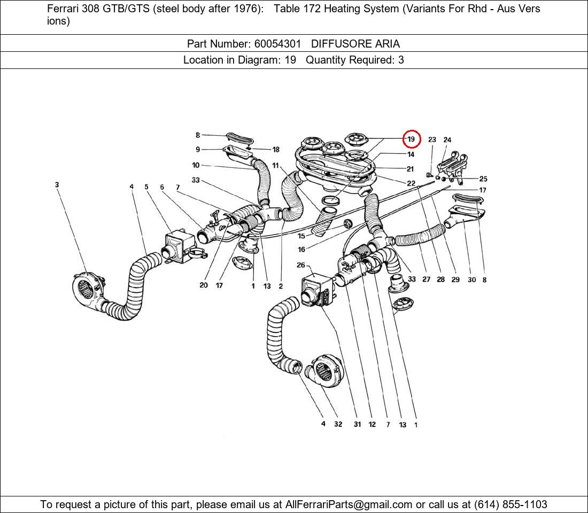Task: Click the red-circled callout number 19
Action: click(411, 139)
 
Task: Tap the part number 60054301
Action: click(277, 44)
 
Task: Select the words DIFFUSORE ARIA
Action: click(355, 44)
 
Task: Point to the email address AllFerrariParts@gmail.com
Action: click(349, 504)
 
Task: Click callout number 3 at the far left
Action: click(57, 185)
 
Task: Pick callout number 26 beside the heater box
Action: click(301, 265)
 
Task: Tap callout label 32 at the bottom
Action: click(338, 424)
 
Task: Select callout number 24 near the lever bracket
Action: click(447, 140)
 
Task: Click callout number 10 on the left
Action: click(196, 165)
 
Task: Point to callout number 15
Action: click(301, 236)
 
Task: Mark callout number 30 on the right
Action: click(471, 279)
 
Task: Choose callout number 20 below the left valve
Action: click(204, 285)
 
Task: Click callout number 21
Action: click(410, 169)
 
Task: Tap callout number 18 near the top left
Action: click(276, 150)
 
